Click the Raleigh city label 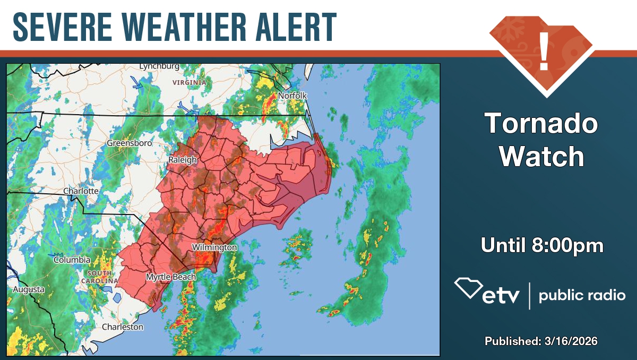(x=183, y=160)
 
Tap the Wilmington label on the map (x=214, y=247)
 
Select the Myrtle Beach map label (x=171, y=277)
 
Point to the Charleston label (x=123, y=327)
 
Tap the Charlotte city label (x=81, y=191)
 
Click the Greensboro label (x=130, y=143)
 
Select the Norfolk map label (x=293, y=96)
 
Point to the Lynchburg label (x=159, y=66)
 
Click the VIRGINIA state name (x=190, y=83)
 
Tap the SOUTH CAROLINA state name (x=99, y=277)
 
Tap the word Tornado (x=542, y=124)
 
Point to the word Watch (x=542, y=157)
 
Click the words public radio (x=582, y=296)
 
